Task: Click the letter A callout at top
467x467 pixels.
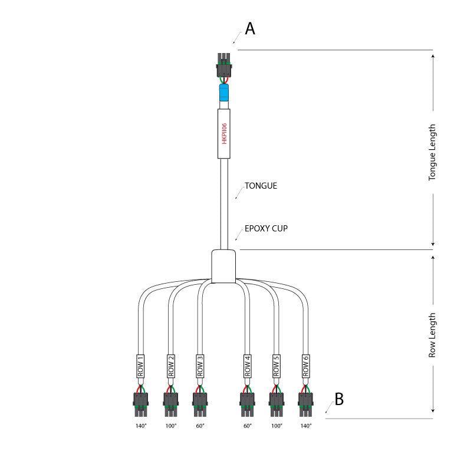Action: (x=250, y=28)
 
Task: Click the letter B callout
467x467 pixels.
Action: (x=339, y=399)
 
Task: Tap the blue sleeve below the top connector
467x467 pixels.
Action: (x=223, y=93)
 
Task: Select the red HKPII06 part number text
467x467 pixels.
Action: (x=224, y=133)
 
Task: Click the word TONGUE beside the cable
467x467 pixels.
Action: (x=261, y=186)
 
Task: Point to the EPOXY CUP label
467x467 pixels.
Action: (x=266, y=228)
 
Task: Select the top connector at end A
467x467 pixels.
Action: (x=223, y=67)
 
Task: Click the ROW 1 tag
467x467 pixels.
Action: (x=140, y=366)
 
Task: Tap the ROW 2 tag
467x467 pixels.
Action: (x=170, y=366)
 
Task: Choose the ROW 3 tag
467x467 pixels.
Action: (x=200, y=366)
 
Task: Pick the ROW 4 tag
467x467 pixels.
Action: (x=247, y=366)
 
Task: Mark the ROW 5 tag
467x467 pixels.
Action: (x=276, y=366)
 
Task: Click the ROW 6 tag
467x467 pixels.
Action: (x=305, y=366)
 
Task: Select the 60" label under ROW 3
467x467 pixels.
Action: (x=200, y=425)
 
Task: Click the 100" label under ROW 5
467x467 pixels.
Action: (x=276, y=425)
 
